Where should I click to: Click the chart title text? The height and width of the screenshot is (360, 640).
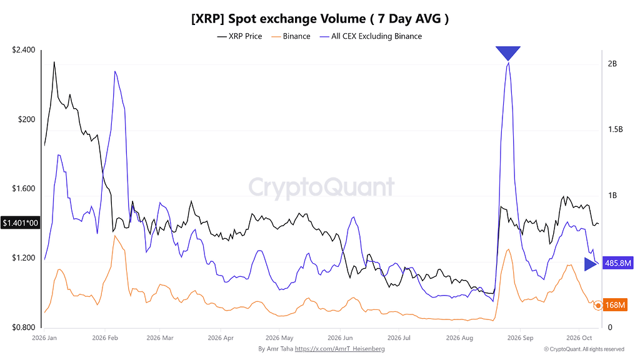point(320,19)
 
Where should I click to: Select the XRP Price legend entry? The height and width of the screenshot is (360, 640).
point(239,36)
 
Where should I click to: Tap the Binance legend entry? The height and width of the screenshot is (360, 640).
point(291,36)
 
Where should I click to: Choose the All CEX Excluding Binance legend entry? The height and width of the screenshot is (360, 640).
point(371,36)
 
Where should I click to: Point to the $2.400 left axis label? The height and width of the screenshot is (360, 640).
point(24,50)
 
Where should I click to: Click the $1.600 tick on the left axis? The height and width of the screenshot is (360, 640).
point(24,189)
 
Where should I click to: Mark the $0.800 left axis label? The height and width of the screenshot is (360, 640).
point(24,327)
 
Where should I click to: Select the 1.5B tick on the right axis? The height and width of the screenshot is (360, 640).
point(615,129)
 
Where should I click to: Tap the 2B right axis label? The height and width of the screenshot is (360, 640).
point(612,64)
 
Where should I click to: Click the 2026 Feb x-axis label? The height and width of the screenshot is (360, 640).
point(105,338)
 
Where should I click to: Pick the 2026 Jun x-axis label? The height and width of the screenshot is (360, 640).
point(340,338)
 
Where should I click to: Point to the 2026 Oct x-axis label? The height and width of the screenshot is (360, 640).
point(579,338)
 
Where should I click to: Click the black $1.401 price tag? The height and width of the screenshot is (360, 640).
point(21,223)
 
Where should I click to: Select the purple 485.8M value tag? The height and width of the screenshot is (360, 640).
point(617,263)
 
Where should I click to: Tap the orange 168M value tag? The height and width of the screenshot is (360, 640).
point(615,305)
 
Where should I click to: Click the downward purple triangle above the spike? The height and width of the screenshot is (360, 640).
point(508,52)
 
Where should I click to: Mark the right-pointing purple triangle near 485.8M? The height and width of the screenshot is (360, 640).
point(590,264)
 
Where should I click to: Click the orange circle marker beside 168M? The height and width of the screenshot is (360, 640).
point(598,305)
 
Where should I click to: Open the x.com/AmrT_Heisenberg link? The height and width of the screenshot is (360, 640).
point(339,349)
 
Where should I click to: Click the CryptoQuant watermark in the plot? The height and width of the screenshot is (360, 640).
point(322,187)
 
